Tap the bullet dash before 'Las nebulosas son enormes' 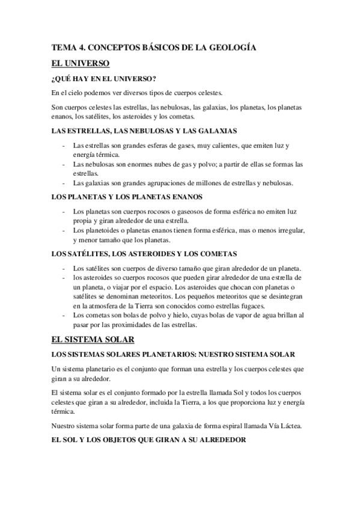(64, 164)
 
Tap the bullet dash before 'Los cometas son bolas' (64, 316)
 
